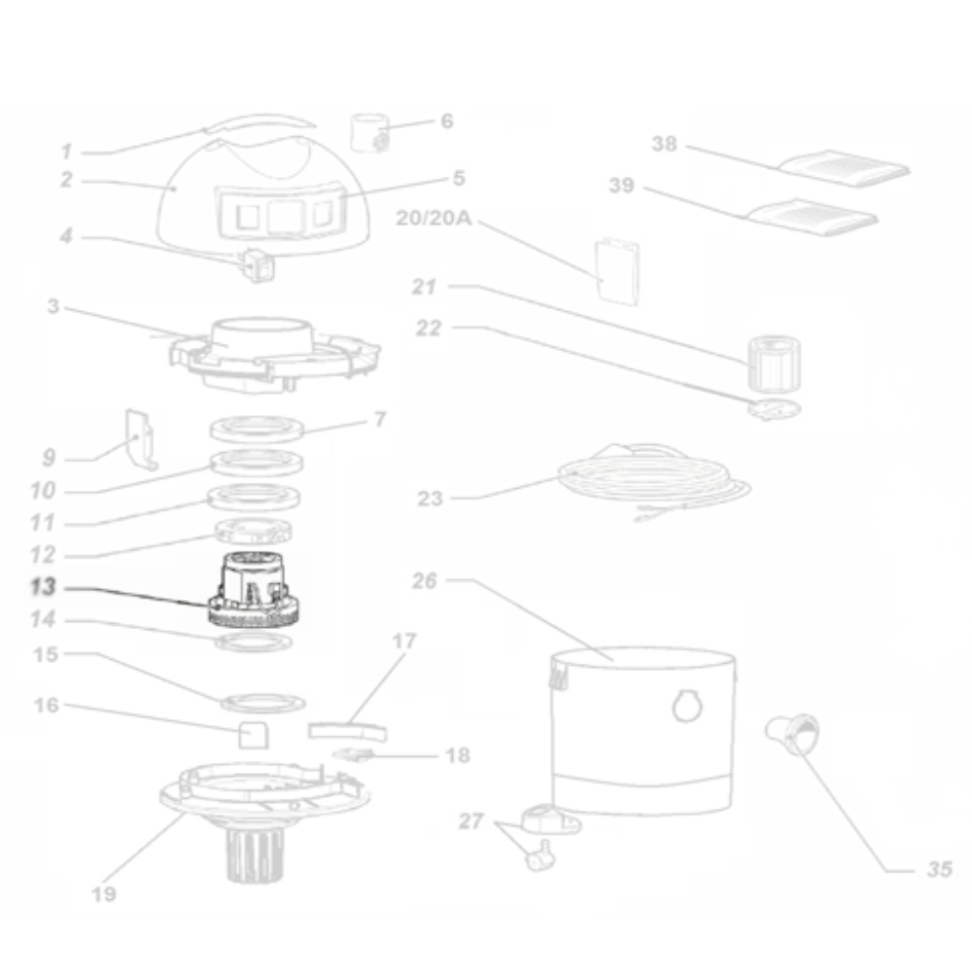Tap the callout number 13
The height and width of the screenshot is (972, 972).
pos(43,587)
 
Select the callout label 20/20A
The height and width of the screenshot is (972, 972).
pos(434,218)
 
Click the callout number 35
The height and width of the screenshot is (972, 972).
pos(940,869)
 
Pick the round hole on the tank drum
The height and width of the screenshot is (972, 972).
pos(687,706)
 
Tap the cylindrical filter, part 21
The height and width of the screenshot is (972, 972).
pos(774,364)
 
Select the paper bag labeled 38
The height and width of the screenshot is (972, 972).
pos(844,168)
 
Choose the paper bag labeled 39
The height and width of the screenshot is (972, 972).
pos(811,217)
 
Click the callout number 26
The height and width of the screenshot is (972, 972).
pos(425,581)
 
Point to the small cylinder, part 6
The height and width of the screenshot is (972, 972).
pos(369,132)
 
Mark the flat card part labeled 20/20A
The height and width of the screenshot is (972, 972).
pos(617,272)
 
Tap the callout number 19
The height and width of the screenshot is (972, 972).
pos(104,894)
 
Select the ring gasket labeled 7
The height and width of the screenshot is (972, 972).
pos(257,429)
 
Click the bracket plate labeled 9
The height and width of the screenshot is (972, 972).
pos(142,439)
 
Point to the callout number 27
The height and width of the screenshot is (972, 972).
pos(470,821)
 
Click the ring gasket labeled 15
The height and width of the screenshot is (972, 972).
pos(263,703)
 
